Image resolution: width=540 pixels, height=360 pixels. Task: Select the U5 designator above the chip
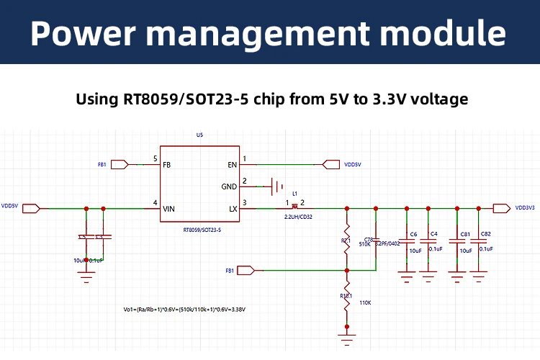point(199,135)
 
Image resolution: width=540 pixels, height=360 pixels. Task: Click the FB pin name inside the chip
point(167,165)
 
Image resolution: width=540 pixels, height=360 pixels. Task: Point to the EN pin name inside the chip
point(233,165)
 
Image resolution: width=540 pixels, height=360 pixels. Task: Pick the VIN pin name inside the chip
point(169,209)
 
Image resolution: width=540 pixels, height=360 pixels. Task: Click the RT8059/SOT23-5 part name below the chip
point(202,229)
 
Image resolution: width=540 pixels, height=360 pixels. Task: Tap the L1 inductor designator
point(294,193)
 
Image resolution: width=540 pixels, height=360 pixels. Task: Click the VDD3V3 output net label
point(524,208)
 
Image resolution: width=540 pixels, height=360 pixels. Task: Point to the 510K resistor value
point(364,244)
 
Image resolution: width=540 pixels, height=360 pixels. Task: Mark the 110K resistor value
point(364,302)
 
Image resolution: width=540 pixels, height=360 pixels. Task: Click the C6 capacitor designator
point(413,234)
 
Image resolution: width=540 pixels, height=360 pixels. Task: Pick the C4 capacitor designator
point(433,234)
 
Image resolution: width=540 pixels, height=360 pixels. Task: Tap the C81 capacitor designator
point(465,234)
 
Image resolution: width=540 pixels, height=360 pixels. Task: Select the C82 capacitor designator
point(485,234)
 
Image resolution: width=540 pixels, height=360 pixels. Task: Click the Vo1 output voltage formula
point(185,310)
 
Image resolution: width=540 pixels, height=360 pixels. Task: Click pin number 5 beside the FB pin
point(155,158)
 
